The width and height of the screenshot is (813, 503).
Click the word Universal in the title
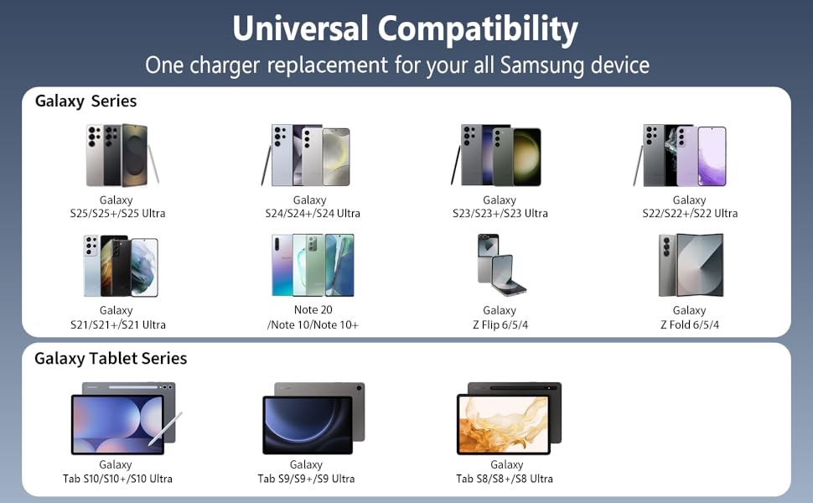point(300,29)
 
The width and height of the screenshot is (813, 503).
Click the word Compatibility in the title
point(478,30)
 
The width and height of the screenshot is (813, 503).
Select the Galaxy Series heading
point(85,101)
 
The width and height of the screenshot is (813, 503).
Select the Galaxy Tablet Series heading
point(111,359)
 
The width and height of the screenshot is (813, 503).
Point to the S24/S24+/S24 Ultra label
point(309,214)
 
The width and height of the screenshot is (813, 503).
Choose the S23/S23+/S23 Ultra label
point(500,214)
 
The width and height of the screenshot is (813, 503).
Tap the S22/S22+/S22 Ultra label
point(689,214)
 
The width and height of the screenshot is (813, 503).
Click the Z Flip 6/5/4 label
point(500,324)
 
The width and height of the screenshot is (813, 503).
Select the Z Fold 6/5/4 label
point(689,324)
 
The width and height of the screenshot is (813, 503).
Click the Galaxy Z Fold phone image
point(690,265)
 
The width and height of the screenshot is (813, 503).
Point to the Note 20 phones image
point(312,265)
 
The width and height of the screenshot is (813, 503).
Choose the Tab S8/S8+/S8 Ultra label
point(506,479)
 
